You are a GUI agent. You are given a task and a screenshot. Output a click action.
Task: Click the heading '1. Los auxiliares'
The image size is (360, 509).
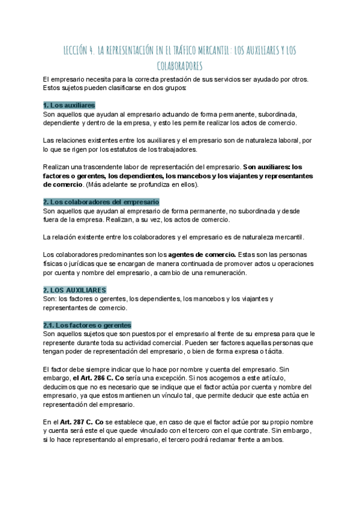(x=70, y=105)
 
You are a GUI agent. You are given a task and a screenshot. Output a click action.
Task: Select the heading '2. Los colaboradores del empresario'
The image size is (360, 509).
(x=101, y=202)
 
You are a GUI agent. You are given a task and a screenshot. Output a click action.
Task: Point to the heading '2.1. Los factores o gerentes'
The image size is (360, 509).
(x=87, y=325)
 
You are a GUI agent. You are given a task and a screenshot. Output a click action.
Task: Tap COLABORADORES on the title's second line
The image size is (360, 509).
(x=179, y=65)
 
